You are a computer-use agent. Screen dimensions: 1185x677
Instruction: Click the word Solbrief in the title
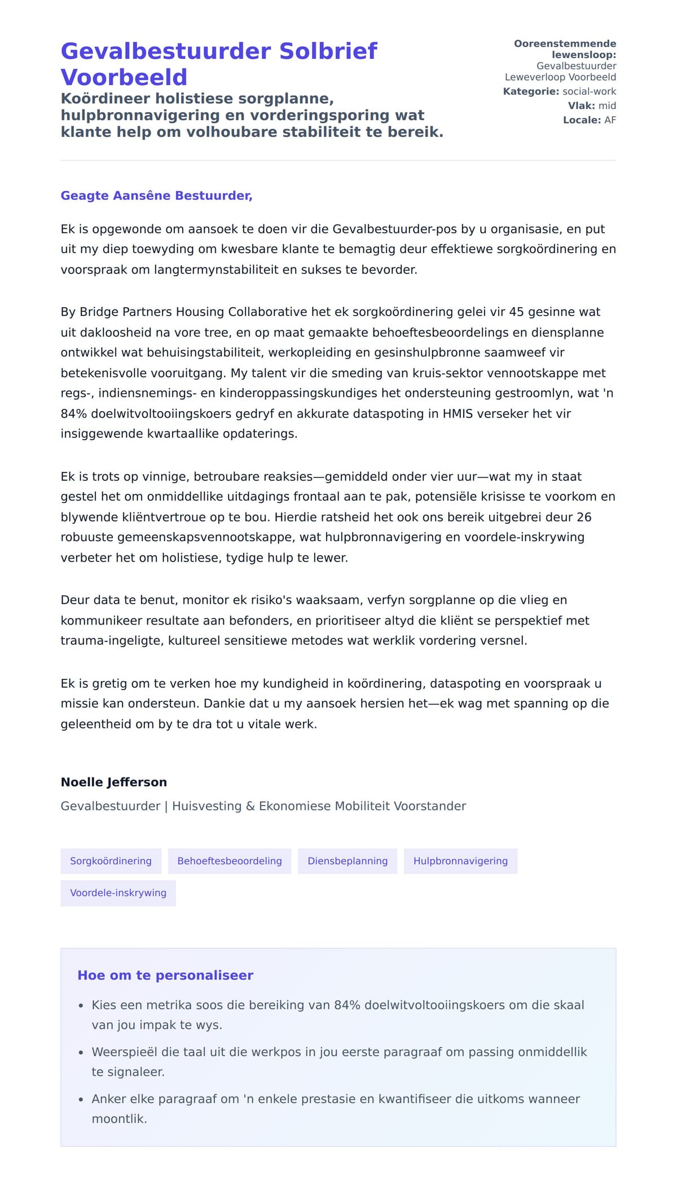[328, 51]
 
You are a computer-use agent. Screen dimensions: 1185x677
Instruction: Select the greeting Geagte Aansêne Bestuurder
[156, 196]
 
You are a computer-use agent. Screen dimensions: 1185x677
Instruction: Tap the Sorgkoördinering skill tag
[111, 861]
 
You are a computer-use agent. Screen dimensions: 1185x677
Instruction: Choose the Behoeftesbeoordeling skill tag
[229, 861]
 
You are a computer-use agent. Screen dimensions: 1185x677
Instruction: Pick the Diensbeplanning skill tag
[348, 861]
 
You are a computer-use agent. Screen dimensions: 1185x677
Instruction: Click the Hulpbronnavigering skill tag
[460, 861]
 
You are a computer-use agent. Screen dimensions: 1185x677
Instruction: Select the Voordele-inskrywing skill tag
[118, 892]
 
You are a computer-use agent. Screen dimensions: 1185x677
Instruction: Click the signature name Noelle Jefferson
[113, 782]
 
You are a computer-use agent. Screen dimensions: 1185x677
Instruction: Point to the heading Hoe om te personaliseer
[165, 975]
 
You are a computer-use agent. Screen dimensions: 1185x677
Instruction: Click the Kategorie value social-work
[589, 91]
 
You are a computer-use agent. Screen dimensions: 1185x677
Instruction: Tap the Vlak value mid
[607, 105]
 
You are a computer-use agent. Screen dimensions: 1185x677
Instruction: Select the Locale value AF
[610, 120]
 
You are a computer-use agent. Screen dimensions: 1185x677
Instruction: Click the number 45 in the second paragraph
[516, 312]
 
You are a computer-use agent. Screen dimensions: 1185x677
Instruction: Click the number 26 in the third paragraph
[584, 517]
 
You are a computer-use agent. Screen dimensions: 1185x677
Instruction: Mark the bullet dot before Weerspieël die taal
[81, 1053]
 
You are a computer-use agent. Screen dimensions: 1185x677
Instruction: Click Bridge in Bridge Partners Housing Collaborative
[96, 312]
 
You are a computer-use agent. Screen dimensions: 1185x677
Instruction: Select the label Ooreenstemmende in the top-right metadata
[565, 43]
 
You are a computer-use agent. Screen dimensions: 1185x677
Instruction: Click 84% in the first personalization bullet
[347, 1005]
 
